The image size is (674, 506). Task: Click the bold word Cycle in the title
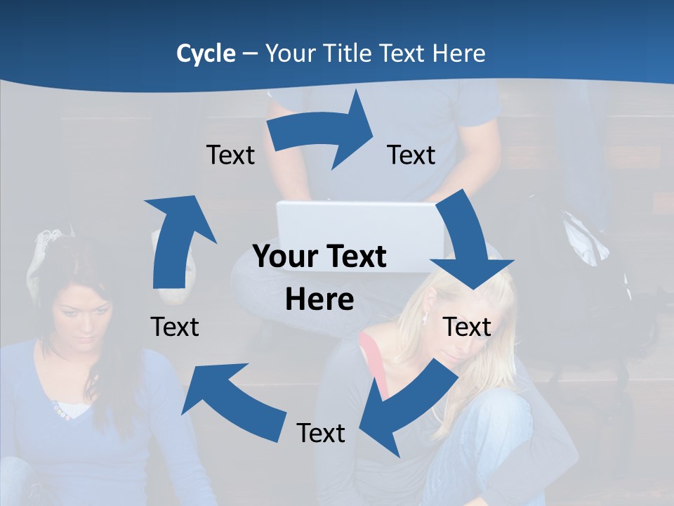[x=206, y=53]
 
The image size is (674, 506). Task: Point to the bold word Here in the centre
[x=319, y=299]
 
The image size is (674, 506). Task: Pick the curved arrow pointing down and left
[x=407, y=411]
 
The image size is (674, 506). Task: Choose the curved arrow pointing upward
[x=176, y=239]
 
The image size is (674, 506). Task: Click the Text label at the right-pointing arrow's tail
[x=230, y=155]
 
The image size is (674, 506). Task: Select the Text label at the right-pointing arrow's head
[x=411, y=155]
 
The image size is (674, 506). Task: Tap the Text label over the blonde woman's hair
[x=467, y=327]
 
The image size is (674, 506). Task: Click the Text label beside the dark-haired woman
[x=175, y=327]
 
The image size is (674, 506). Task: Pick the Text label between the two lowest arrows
[x=321, y=433]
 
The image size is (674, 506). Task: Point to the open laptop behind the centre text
[x=358, y=225]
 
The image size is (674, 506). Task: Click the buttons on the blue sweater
[x=60, y=411]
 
